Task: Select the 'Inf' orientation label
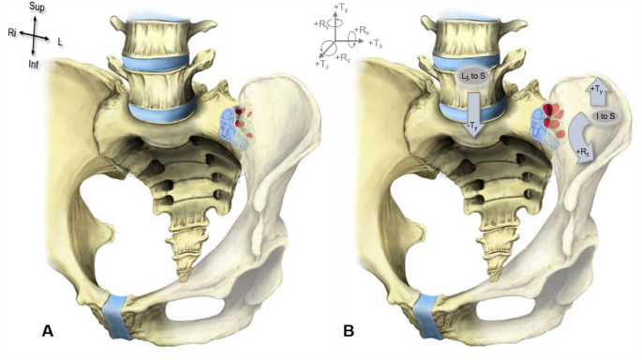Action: (x=36, y=66)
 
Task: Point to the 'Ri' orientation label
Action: (x=12, y=32)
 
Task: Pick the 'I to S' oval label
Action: (x=604, y=117)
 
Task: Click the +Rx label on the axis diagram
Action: (x=361, y=30)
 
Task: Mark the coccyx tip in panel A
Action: (x=184, y=246)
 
